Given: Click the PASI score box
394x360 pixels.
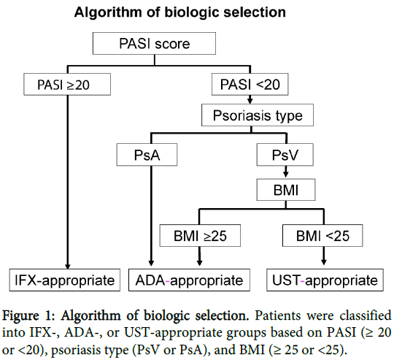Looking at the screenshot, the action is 154,43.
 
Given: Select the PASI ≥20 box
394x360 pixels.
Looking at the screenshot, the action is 67,84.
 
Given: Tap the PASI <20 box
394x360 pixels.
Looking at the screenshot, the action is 250,84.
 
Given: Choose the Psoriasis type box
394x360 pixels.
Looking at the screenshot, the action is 258,115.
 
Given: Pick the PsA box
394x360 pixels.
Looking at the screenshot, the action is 147,155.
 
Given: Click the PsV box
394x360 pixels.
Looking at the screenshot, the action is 285,155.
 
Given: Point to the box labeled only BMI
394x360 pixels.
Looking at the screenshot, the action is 286,190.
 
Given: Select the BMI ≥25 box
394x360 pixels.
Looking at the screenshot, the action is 200,236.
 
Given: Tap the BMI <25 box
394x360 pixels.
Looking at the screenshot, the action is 322,236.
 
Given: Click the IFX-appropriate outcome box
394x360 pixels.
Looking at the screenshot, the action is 65,280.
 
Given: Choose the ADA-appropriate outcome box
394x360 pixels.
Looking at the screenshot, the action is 189,280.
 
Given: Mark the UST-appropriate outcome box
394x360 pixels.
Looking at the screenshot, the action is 325,280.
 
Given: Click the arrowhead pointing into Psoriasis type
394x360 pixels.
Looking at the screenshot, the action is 250,101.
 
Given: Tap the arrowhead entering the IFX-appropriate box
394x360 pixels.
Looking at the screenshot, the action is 67,266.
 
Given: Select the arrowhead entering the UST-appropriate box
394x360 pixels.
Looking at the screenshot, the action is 324,262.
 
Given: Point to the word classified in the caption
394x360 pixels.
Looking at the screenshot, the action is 366,315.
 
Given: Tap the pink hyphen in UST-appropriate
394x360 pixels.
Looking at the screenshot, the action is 303,282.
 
